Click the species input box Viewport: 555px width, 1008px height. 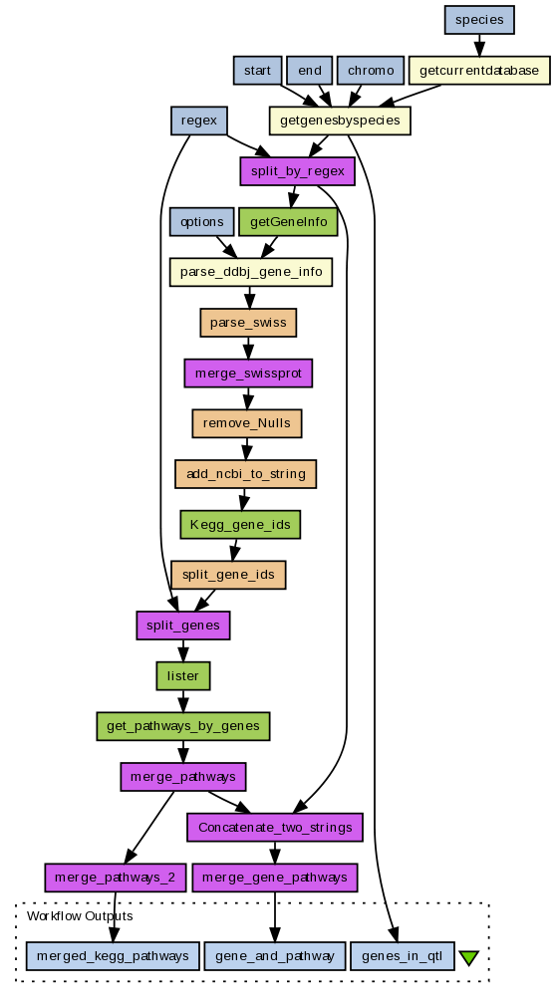(479, 20)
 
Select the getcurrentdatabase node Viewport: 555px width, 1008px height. (479, 71)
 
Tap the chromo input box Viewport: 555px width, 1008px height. (371, 71)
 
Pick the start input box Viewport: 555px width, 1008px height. (257, 71)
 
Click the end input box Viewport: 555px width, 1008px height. (309, 71)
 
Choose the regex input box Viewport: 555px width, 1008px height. (198, 121)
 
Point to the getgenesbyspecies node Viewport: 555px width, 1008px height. (340, 121)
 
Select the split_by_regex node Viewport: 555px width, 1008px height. (298, 171)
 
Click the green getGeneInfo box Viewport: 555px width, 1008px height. (288, 222)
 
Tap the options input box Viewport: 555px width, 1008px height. (202, 222)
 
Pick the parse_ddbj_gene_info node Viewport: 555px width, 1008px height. (251, 272)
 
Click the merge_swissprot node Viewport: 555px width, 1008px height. (248, 374)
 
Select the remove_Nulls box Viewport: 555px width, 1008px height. (247, 423)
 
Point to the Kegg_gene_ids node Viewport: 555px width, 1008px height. (240, 525)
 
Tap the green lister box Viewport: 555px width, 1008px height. (183, 676)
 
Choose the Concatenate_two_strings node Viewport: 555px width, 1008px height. (275, 828)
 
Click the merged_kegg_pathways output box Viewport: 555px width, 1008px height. (113, 956)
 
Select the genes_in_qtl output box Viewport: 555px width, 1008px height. (402, 956)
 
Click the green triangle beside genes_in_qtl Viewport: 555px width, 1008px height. (469, 958)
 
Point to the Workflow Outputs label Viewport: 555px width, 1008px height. (80, 916)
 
